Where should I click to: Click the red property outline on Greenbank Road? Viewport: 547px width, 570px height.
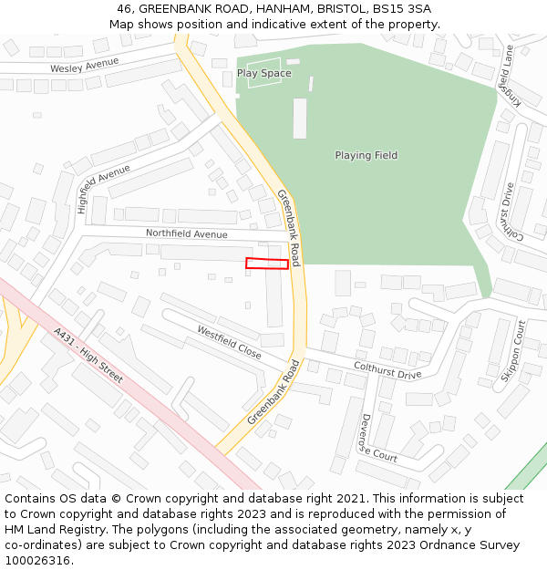click(267, 264)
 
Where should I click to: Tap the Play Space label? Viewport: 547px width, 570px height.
click(264, 73)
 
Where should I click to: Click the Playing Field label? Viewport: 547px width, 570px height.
click(366, 155)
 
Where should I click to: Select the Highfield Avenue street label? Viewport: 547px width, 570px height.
click(103, 189)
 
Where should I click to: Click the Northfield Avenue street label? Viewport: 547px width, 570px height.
click(187, 234)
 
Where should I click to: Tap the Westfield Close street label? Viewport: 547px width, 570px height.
click(229, 342)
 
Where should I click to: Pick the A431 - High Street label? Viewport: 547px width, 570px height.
click(88, 355)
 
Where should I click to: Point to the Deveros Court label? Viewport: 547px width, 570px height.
click(377, 438)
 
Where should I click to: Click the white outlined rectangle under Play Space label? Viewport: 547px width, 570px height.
click(264, 73)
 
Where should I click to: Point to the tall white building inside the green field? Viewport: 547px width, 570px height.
click(300, 119)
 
